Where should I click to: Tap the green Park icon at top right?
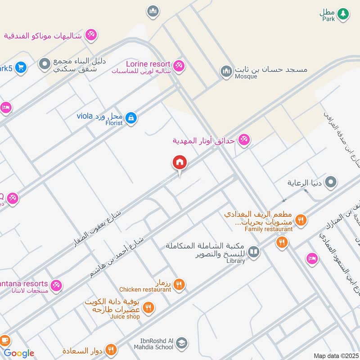[343, 14]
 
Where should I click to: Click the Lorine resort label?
[148, 64]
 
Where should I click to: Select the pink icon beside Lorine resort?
[179, 66]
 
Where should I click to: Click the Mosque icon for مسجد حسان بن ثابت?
[226, 71]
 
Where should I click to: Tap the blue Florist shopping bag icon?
[131, 118]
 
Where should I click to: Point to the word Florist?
[114, 123]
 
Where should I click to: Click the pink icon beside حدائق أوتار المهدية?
[244, 140]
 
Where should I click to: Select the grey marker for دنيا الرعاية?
[331, 182]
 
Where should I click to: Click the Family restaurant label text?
[269, 229]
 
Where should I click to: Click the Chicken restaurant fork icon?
[179, 284]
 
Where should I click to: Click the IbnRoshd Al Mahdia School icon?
[181, 343]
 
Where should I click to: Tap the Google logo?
[19, 353]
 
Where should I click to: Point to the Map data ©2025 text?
[335, 356]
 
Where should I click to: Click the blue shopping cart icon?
[20, 68]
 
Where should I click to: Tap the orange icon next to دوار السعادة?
[111, 349]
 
